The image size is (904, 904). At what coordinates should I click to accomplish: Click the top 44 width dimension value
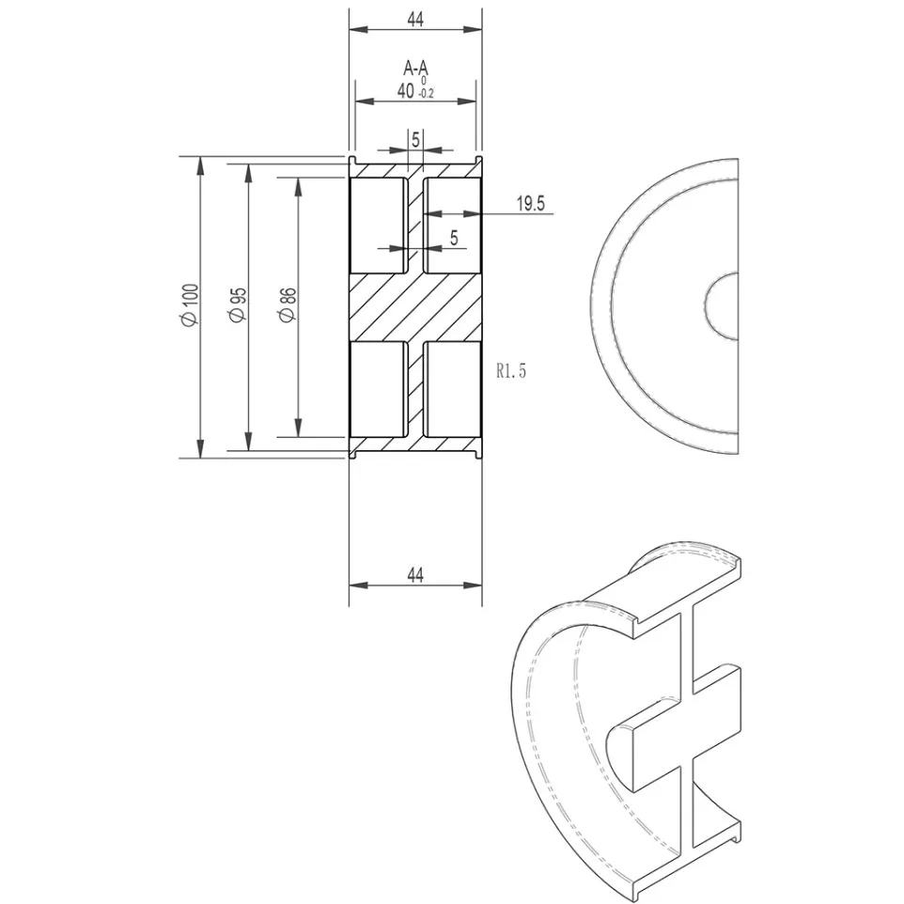pyautogui.click(x=415, y=19)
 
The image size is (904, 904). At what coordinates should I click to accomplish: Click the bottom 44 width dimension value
pyautogui.click(x=415, y=575)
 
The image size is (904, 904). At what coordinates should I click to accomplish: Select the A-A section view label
pyautogui.click(x=415, y=68)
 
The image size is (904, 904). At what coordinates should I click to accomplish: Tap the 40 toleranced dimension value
pyautogui.click(x=405, y=91)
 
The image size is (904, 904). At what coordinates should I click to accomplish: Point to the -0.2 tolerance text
pyautogui.click(x=426, y=94)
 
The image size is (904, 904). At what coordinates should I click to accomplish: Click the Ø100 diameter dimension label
pyautogui.click(x=190, y=305)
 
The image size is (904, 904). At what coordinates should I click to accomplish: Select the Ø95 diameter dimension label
pyautogui.click(x=238, y=305)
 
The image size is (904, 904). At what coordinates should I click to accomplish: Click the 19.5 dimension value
pyautogui.click(x=530, y=204)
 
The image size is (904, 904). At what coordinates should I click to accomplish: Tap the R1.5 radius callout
pyautogui.click(x=511, y=370)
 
